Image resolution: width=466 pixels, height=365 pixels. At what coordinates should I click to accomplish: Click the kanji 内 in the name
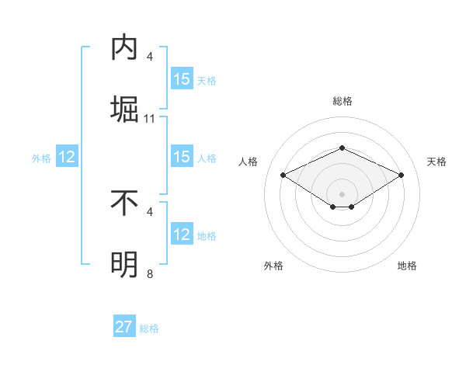pos(123,48)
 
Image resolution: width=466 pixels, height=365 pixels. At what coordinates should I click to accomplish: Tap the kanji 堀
pos(123,108)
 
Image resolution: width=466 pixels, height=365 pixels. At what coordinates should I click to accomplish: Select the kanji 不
pos(123,203)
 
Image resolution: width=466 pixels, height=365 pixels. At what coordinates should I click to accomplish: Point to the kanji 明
pos(123,265)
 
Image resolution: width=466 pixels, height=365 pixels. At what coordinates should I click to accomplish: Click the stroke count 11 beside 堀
pos(150,119)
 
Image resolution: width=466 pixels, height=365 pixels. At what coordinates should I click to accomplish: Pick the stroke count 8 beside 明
pos(150,274)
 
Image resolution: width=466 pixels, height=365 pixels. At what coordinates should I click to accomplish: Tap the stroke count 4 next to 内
pos(150,57)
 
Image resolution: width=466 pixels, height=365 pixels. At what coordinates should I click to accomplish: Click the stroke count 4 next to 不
pos(150,211)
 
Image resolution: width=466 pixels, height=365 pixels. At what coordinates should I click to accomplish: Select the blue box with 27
pos(124,327)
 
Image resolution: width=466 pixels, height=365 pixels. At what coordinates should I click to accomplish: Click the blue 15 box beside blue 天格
pos(182,79)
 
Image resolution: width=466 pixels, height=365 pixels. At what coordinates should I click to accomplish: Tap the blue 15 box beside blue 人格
pos(182,157)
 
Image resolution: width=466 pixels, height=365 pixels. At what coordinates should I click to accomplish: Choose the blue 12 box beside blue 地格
pos(182,235)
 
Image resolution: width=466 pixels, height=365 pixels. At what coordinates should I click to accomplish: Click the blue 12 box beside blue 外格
pos(66,157)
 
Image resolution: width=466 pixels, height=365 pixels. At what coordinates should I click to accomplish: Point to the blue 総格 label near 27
pos(149,328)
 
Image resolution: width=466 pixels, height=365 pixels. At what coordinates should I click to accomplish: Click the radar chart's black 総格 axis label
pos(342,101)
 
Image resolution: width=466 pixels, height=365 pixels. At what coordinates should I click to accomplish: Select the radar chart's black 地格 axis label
pos(407,266)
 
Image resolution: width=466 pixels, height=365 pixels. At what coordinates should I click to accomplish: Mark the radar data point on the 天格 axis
pos(401,175)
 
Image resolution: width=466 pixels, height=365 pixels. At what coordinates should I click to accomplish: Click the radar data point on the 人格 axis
pos(283,175)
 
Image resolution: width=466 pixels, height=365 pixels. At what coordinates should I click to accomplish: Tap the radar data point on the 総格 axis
pos(342,147)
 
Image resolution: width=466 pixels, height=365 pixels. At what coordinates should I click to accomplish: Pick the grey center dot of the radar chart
pos(342,193)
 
